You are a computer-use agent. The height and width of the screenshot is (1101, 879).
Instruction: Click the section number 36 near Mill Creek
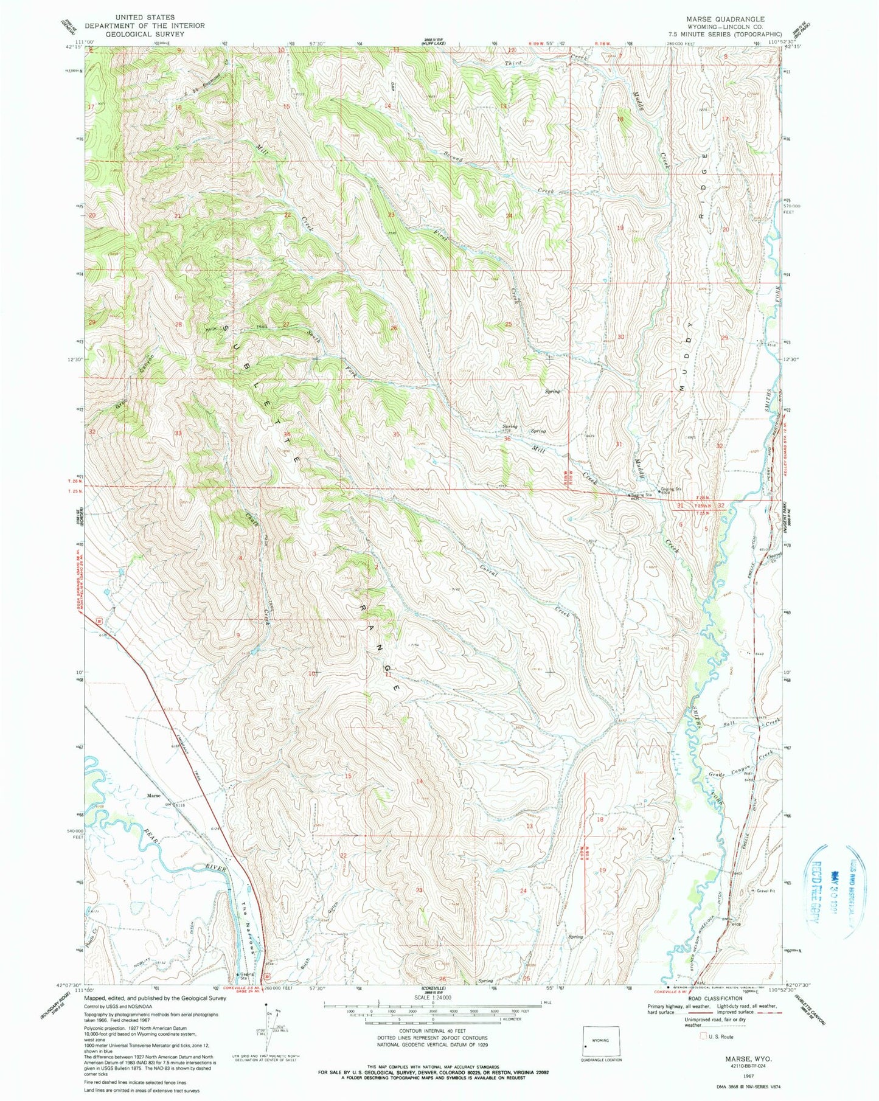[507, 439]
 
